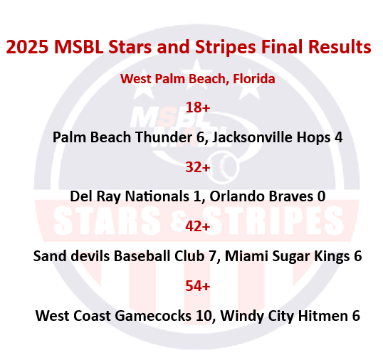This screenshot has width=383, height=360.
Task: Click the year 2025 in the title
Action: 26,48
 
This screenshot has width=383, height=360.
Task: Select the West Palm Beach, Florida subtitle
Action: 197,78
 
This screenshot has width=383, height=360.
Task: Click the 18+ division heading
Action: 197,107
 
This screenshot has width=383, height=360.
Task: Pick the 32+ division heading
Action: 197,167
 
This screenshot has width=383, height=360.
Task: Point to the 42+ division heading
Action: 197,226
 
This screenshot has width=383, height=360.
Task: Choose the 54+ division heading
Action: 197,285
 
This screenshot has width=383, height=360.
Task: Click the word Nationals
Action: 157,196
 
